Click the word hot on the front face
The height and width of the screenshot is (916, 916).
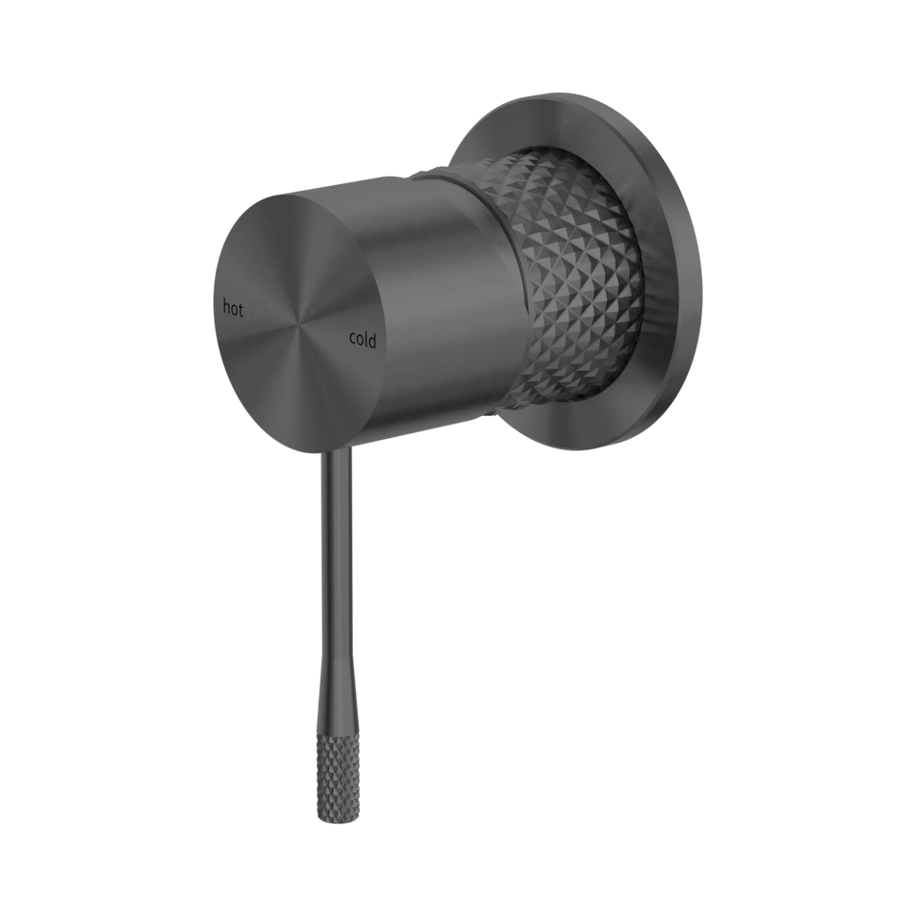[x=233, y=308]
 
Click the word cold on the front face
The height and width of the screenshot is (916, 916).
[x=363, y=340]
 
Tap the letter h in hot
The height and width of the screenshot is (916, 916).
[x=225, y=306]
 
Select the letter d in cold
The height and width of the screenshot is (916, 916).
[x=373, y=340]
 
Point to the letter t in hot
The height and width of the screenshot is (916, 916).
[x=240, y=309]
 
